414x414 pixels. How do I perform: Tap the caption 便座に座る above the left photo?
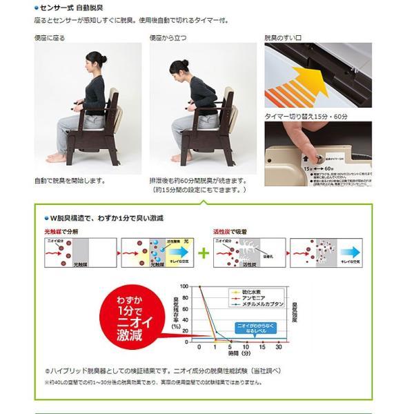(x=50, y=39)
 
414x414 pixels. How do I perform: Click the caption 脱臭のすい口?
(x=285, y=39)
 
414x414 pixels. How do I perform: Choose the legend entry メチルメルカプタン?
(x=259, y=306)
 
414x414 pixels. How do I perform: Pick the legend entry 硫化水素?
(x=248, y=292)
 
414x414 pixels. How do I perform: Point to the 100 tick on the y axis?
(x=184, y=286)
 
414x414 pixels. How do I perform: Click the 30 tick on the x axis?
(x=277, y=346)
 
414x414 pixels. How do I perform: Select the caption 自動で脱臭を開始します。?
(x=70, y=181)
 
